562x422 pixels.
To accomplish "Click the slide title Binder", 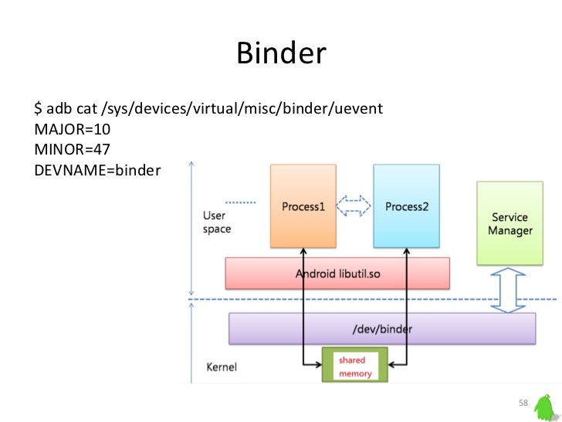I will [281, 53].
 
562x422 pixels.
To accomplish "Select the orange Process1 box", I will [303, 206].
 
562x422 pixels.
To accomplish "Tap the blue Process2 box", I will [407, 206].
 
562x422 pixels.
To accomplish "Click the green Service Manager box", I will [510, 223].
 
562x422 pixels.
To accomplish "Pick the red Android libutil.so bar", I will [337, 273].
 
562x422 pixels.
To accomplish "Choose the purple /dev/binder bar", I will [382, 328].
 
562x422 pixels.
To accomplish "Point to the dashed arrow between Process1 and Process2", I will [355, 206].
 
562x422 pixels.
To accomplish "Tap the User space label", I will [216, 223].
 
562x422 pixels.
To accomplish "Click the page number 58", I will [523, 404].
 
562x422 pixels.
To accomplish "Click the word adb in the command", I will [59, 107].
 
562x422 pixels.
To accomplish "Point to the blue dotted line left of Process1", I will [244, 202].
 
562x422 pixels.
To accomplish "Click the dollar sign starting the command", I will [38, 107].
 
